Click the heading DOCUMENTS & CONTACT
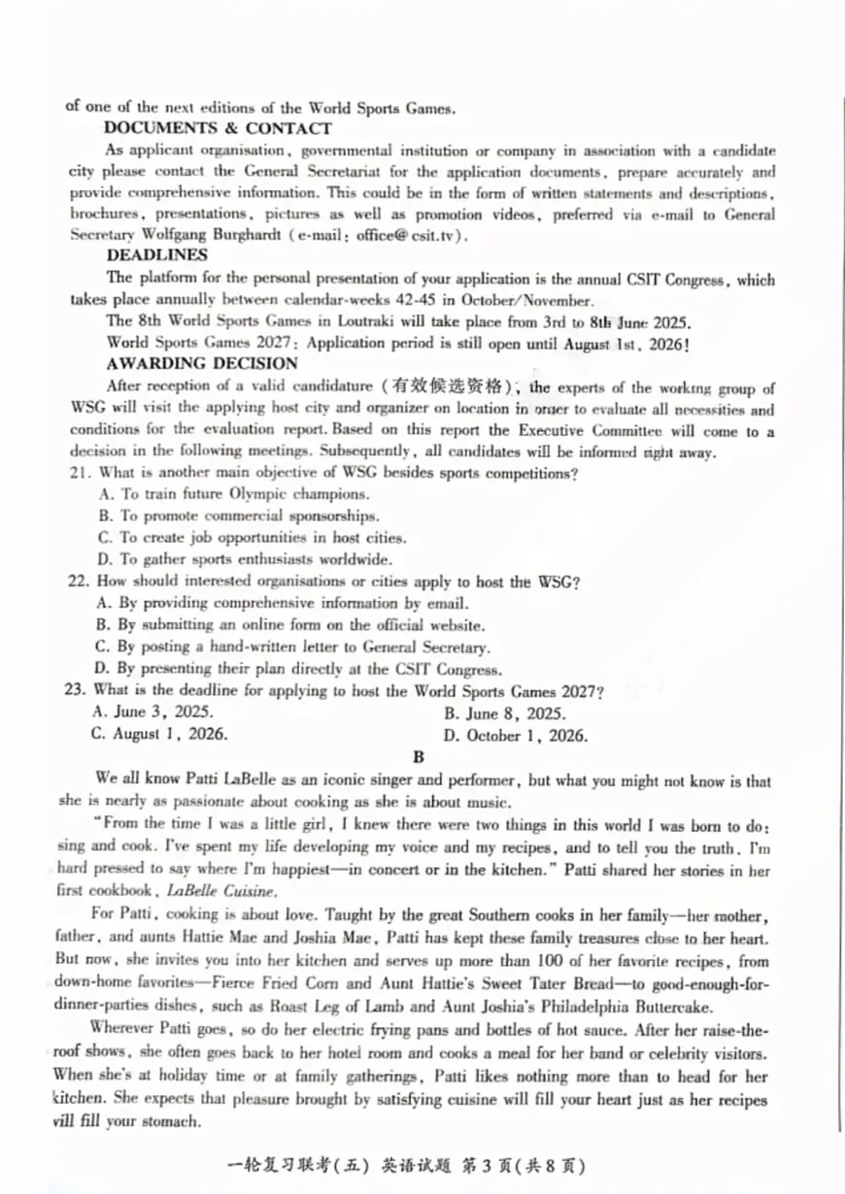pos(219,128)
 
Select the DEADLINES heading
pos(156,255)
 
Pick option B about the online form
pos(289,625)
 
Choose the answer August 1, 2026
pos(160,734)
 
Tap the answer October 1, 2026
pos(515,735)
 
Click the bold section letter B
pos(419,758)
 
